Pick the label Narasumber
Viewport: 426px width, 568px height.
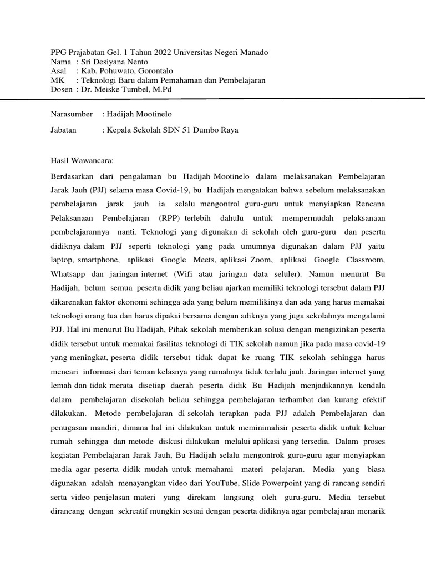click(72, 114)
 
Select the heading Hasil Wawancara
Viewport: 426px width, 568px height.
click(82, 161)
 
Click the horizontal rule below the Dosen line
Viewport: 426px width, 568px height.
click(213, 98)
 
